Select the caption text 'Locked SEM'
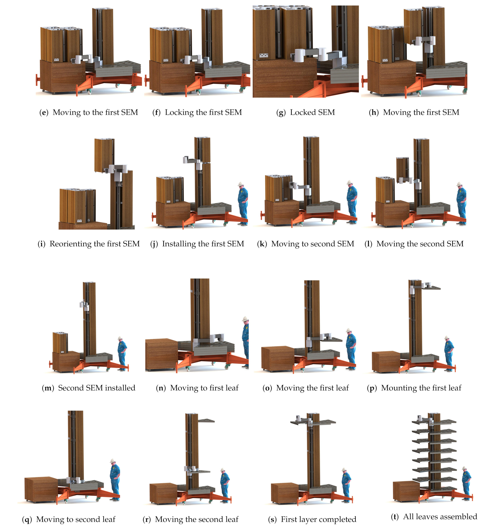[312, 112]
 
